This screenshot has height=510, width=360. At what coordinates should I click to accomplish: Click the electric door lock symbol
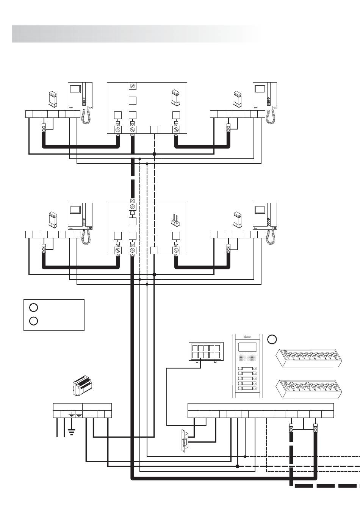(185, 440)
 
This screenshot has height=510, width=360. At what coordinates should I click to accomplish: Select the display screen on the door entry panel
(247, 347)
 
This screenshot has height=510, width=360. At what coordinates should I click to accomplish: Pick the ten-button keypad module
(206, 351)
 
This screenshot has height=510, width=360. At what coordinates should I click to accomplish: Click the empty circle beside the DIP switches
(272, 339)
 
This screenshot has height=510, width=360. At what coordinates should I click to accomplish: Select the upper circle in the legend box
(33, 307)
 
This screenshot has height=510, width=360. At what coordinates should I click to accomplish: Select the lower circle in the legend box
(33, 321)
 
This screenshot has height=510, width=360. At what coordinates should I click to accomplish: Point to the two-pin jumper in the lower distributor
(175, 219)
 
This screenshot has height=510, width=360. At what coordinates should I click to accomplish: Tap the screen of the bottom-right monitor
(260, 210)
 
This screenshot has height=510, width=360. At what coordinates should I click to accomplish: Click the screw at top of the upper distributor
(132, 86)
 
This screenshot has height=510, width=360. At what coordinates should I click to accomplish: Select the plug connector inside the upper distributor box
(175, 98)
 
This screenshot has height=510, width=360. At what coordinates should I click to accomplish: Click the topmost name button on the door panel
(247, 369)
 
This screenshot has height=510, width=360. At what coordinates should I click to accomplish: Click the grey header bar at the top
(136, 34)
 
